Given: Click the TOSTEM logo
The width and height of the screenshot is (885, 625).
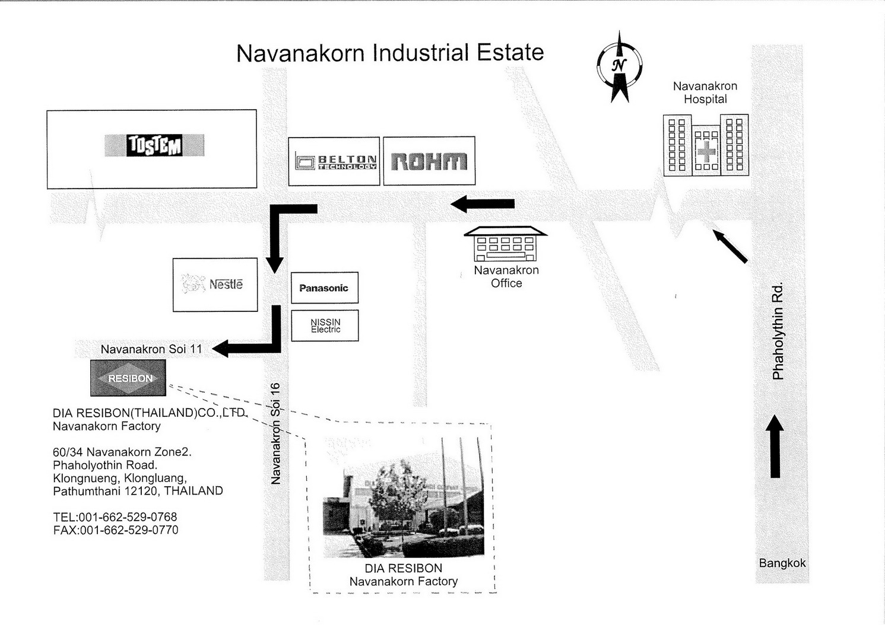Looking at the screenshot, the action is [x=154, y=145].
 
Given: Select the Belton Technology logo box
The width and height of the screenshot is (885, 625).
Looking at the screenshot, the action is [x=334, y=161].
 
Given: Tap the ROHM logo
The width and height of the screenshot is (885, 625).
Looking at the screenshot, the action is [x=429, y=161].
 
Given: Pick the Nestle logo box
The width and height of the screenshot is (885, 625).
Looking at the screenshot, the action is [x=215, y=285].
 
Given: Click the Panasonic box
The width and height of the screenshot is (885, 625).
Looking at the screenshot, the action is [x=325, y=288].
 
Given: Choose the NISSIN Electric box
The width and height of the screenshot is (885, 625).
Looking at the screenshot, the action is [x=325, y=326].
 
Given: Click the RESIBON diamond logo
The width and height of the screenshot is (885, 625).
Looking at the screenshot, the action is [x=128, y=378].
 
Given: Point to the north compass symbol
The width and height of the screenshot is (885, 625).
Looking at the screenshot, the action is [x=619, y=67].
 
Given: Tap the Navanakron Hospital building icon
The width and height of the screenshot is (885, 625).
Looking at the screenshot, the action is [x=706, y=145].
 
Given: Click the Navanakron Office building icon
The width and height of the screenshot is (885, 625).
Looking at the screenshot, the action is [x=506, y=244].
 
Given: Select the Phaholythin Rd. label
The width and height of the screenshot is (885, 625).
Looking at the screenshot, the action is [x=778, y=331].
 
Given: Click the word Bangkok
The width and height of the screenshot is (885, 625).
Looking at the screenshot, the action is [x=782, y=563].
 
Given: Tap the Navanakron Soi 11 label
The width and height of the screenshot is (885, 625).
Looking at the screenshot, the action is [x=151, y=349].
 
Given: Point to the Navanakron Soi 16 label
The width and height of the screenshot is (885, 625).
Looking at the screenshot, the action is [x=275, y=433].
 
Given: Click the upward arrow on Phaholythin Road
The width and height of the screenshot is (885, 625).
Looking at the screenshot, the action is [x=775, y=446].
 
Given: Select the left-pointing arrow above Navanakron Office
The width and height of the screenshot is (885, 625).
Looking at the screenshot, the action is [x=483, y=204].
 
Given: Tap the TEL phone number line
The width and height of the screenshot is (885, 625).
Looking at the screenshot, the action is [x=115, y=517].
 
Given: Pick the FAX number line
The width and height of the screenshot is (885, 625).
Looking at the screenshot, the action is [x=116, y=530].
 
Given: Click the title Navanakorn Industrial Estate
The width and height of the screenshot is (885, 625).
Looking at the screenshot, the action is [x=390, y=53].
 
